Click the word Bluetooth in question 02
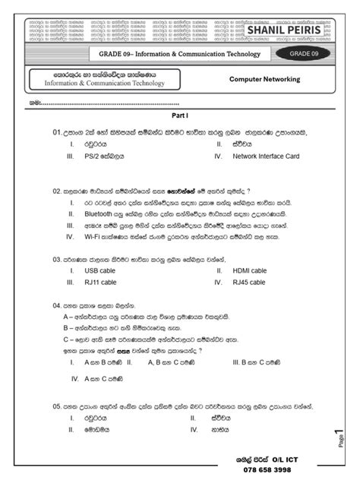99,215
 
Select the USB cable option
101,270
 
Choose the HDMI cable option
250,270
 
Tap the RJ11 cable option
100,282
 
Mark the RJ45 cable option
249,282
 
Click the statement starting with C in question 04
137,337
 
